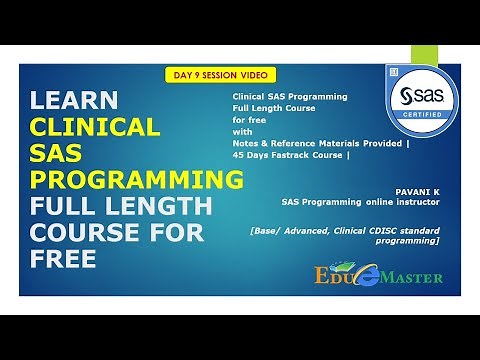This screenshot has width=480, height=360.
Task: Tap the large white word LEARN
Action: pos(75,101)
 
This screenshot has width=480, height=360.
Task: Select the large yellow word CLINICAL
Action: pos(95,127)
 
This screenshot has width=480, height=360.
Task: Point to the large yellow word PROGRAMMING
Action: pos(136,181)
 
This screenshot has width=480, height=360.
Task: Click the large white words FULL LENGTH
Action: pos(120,208)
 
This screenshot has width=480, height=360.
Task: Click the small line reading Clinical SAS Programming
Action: pos(289,97)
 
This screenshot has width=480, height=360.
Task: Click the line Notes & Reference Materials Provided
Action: pos(320,143)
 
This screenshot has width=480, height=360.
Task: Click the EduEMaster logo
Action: pos(376,272)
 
